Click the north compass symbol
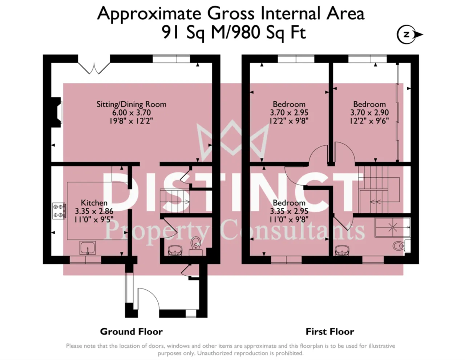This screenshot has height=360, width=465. [409, 35]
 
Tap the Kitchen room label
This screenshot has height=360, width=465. [94, 203]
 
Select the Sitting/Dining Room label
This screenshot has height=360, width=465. [132, 104]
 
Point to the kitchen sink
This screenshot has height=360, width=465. [88, 248]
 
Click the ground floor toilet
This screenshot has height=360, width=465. [195, 246]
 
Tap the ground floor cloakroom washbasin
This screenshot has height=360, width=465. [175, 250]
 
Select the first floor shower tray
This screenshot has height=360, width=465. [392, 227]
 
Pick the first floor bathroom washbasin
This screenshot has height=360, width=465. [342, 250]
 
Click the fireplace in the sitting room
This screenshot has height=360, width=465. [56, 112]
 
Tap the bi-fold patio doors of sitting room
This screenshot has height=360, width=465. [94, 68]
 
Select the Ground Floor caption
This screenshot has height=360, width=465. [132, 332]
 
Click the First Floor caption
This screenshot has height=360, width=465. [330, 332]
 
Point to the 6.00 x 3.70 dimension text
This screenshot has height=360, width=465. [132, 113]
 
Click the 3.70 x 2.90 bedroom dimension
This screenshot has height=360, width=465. [369, 113]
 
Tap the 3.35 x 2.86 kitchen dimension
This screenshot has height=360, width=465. [94, 211]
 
